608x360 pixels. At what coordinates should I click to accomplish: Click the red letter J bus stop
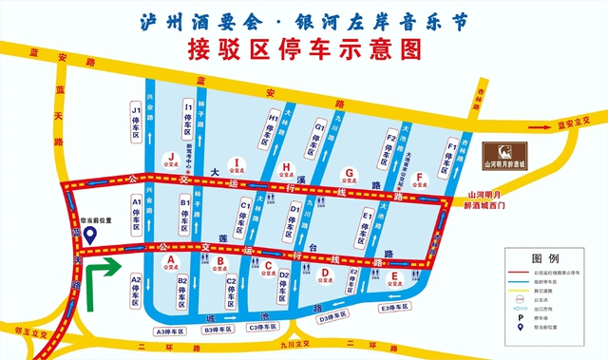click(171, 158)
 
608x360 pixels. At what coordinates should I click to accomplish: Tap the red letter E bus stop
click(393, 279)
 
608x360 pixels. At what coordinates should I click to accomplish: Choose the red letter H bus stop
click(287, 169)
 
